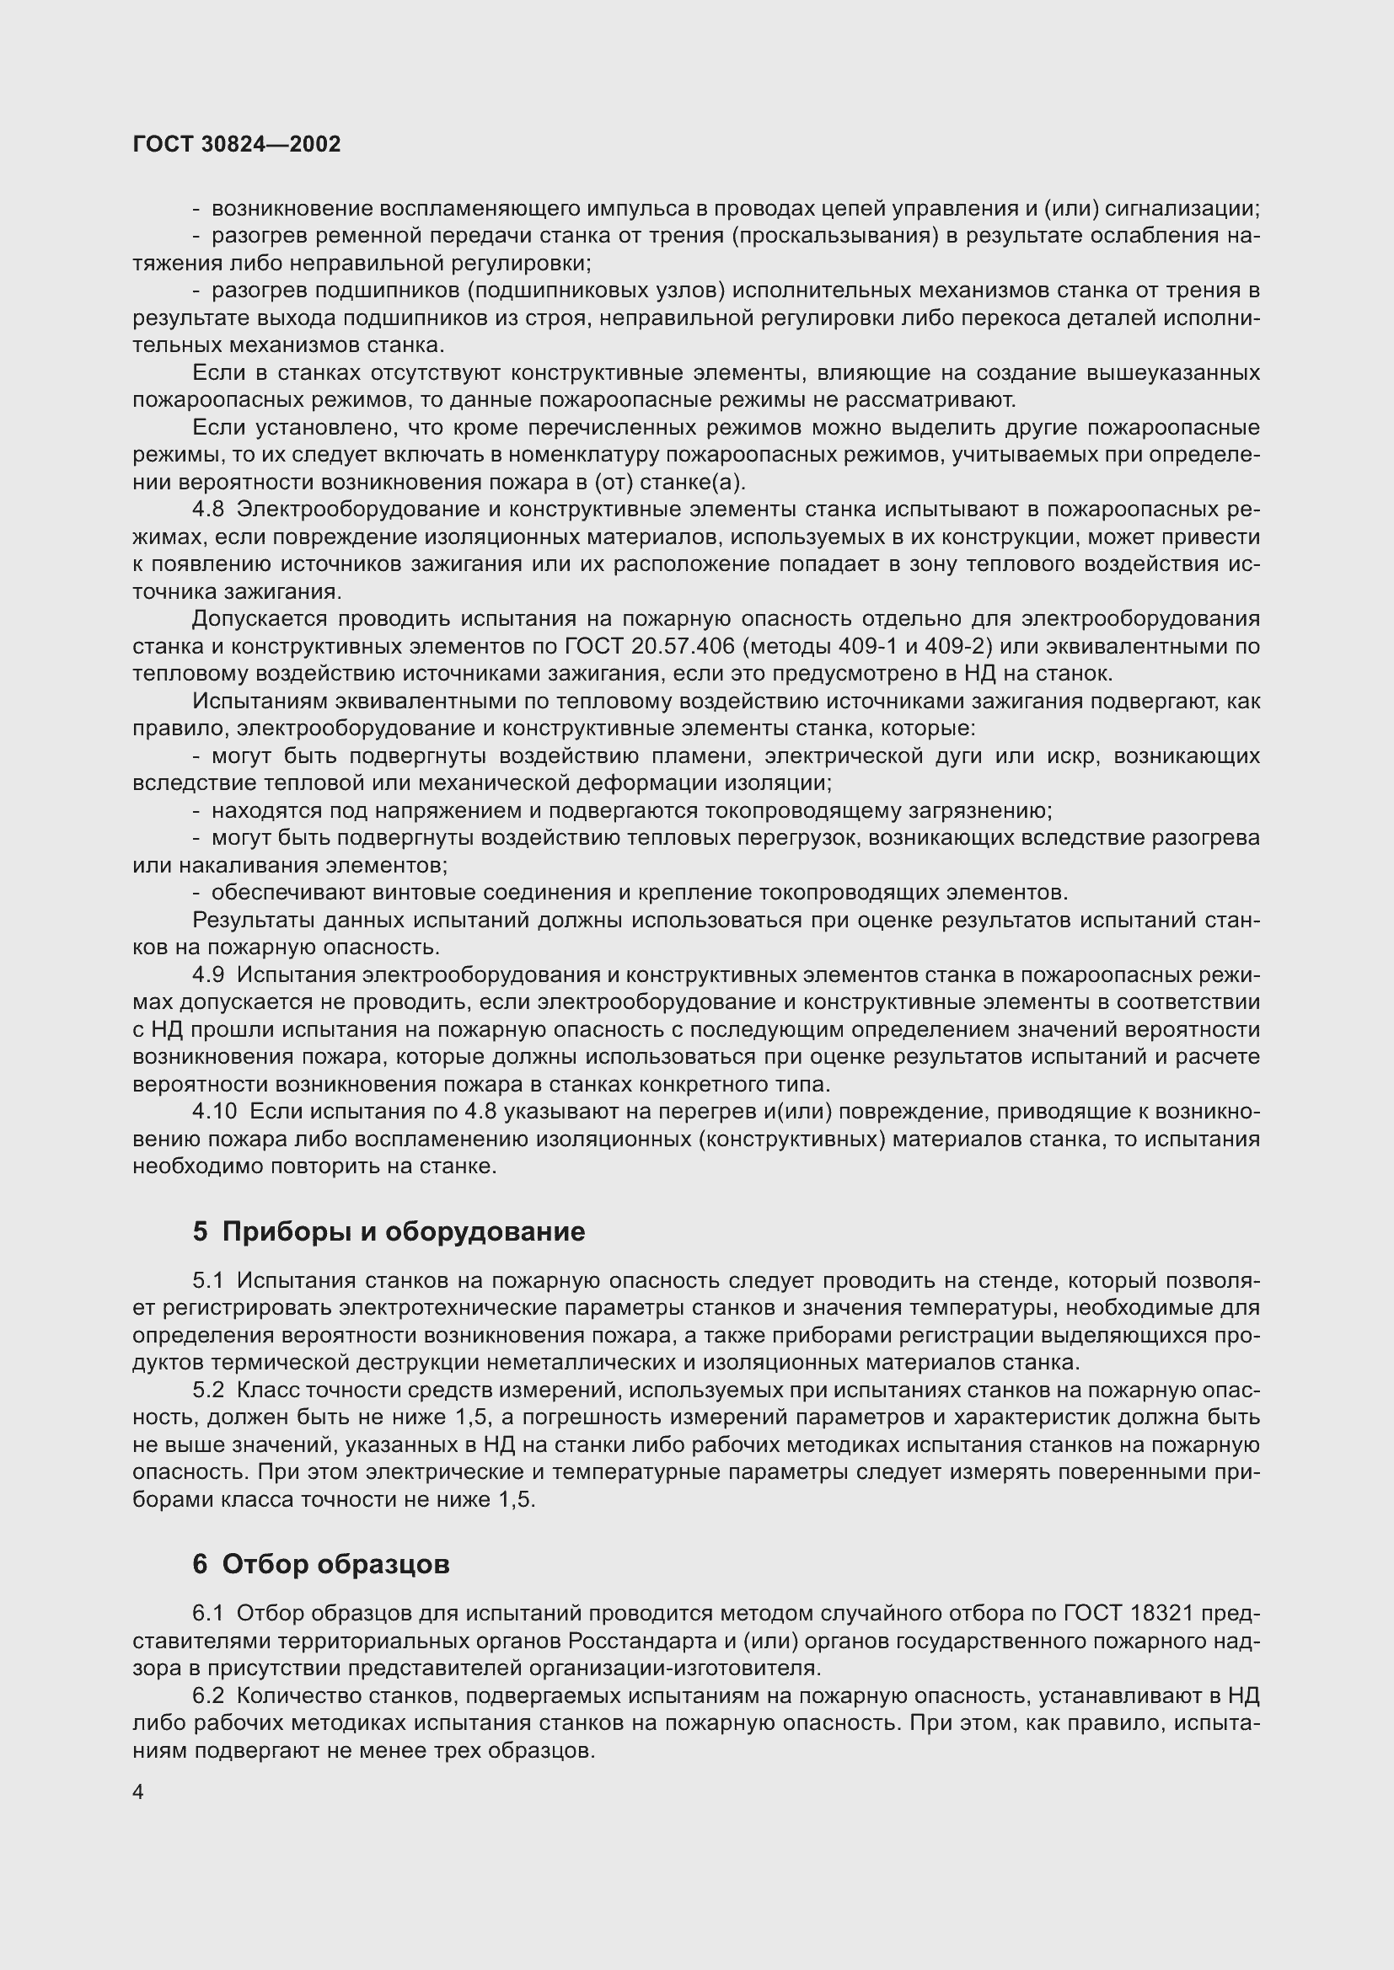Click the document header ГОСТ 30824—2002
pos(237,144)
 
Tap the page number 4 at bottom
pos(138,1792)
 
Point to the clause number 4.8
pos(208,510)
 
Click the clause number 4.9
pos(208,975)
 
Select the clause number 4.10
pos(215,1112)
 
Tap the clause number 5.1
pos(208,1281)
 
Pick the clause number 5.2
pos(208,1390)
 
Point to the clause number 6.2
pos(208,1696)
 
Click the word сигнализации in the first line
pos(1181,209)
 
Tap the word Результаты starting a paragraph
pos(256,921)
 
